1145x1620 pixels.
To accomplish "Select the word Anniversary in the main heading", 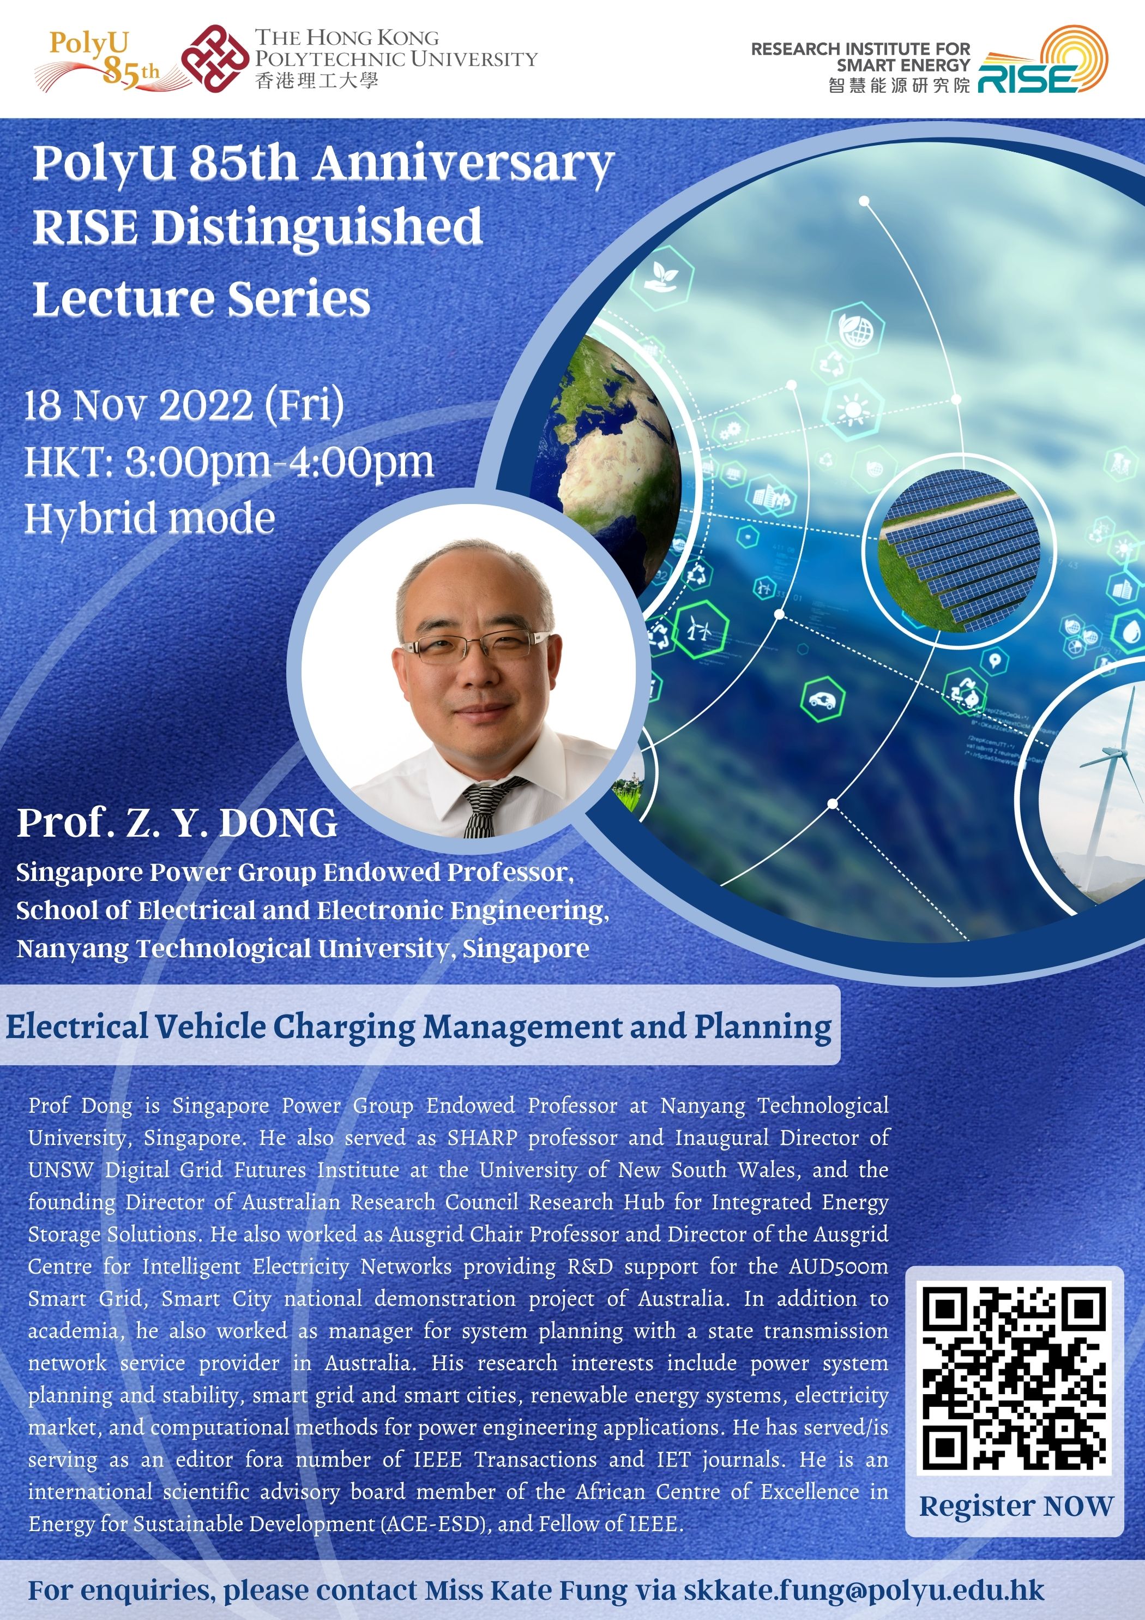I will (463, 164).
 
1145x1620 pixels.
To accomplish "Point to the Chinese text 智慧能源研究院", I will (900, 86).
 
